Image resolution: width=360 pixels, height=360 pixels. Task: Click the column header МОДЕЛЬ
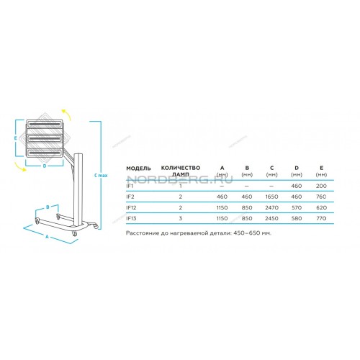138,168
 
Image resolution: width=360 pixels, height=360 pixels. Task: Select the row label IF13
131,218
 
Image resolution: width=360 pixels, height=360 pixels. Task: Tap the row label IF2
130,197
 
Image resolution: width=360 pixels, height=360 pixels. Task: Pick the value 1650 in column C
271,197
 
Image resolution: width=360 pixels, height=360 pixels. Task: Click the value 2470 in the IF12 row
271,207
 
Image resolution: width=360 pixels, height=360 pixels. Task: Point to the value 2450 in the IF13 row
271,218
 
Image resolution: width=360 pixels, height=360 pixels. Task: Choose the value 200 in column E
321,186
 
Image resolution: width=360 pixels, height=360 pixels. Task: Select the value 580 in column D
297,218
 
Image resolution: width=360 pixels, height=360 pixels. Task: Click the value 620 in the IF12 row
321,207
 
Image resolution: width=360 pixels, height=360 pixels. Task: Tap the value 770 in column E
321,218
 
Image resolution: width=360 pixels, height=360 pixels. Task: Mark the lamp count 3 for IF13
181,218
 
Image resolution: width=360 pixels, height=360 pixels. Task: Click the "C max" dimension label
101,176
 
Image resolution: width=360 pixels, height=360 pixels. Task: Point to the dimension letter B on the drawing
48,207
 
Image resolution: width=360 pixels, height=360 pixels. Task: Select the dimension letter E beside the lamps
15,138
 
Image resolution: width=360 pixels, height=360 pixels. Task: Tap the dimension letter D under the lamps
45,166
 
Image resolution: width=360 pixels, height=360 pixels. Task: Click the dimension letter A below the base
48,237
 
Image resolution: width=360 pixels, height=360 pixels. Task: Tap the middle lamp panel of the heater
45,138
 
